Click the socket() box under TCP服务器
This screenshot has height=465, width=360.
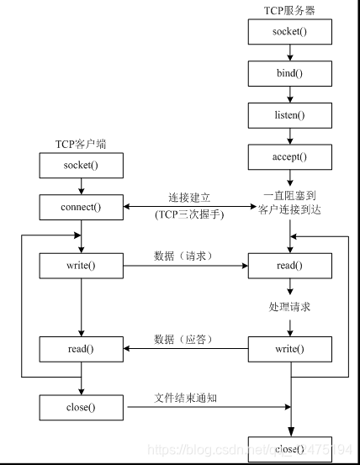[x=289, y=32]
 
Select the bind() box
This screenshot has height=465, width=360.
[x=289, y=73]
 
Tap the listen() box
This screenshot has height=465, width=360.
[x=289, y=114]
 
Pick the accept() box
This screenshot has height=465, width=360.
[x=289, y=156]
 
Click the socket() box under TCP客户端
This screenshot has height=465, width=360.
[x=81, y=165]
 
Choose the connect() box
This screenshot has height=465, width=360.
[x=81, y=206]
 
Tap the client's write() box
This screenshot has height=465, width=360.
[x=81, y=267]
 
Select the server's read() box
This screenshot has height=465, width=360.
[x=289, y=267]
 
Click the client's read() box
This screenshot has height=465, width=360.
[x=81, y=348]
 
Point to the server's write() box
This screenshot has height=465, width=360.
[x=289, y=348]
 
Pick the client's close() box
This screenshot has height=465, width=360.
[x=81, y=408]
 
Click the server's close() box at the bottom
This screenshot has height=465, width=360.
[x=289, y=449]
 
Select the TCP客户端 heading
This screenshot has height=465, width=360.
[x=81, y=142]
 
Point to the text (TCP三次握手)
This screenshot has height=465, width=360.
[x=187, y=214]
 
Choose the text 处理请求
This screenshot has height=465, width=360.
[x=289, y=307]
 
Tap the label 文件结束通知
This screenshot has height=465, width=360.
[x=187, y=397]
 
